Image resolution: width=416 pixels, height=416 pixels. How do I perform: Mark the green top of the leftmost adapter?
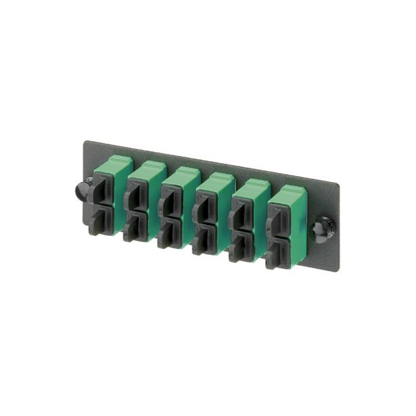[x=111, y=166]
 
